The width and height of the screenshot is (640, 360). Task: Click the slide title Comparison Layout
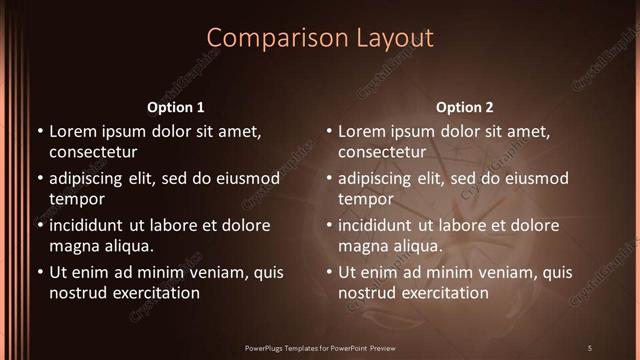click(320, 38)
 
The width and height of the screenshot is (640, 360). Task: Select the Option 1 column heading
click(175, 107)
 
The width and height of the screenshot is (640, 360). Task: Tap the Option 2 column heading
click(464, 107)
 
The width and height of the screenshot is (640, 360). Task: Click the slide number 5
click(589, 347)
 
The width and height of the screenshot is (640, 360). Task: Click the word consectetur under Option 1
click(93, 152)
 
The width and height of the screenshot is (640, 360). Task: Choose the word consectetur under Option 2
click(382, 152)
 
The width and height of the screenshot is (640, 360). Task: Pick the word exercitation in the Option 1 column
click(155, 293)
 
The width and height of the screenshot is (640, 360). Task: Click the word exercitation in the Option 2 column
click(444, 293)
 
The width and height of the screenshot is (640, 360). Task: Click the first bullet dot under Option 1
click(39, 131)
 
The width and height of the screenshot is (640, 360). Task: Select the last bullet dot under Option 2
click(328, 272)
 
